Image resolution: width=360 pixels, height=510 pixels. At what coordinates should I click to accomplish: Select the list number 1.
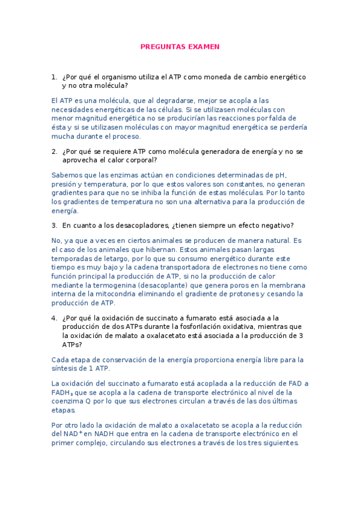tap(53, 77)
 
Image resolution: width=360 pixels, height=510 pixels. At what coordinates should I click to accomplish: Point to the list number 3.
tap(53, 226)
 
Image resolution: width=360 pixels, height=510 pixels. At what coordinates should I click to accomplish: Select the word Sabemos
tap(66, 175)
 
